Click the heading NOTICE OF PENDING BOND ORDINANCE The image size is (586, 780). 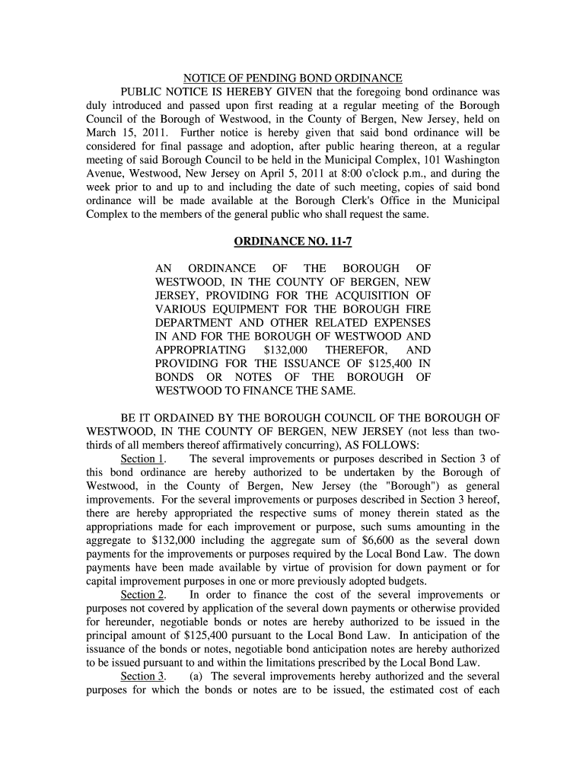tap(293, 78)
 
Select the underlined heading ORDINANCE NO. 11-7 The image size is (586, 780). tap(293, 242)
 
